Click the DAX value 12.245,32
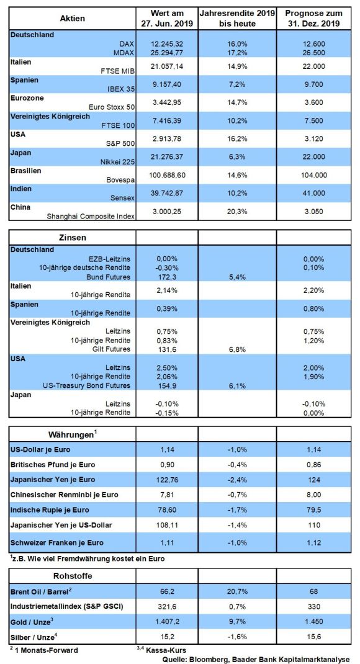click(x=167, y=43)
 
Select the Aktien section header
click(x=73, y=18)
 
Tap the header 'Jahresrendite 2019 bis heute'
click(x=237, y=18)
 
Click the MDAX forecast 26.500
click(x=313, y=53)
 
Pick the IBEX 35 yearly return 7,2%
click(x=237, y=84)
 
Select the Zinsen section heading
click(x=73, y=238)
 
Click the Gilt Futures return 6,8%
click(x=237, y=349)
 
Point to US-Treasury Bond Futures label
click(x=87, y=386)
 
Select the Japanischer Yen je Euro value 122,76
click(x=167, y=480)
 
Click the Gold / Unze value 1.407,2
click(x=167, y=622)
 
